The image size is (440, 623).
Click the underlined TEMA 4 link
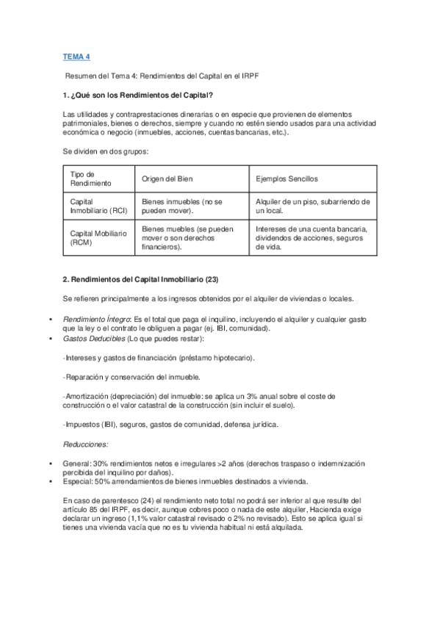[x=77, y=57]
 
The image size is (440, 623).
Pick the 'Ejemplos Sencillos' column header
[x=286, y=179]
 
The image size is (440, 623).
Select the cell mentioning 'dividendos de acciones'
[x=312, y=237]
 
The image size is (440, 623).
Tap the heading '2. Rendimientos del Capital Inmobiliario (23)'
[x=140, y=279]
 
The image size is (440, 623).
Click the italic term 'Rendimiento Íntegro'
[x=96, y=320]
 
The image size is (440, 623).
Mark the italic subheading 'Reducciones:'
[x=85, y=444]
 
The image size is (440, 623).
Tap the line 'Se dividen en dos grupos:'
[x=106, y=151]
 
